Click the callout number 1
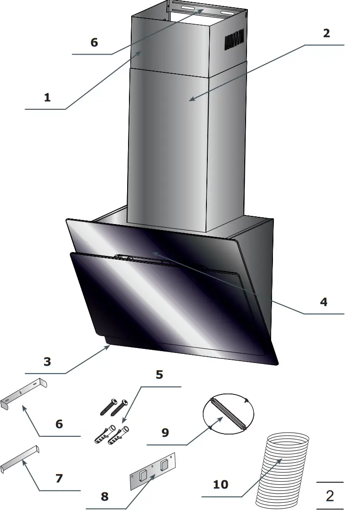click(x=47, y=97)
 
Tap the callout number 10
click(x=221, y=484)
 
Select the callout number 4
click(x=324, y=302)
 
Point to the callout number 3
click(x=47, y=362)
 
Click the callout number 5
click(x=159, y=375)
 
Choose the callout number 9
click(x=165, y=432)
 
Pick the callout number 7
click(x=59, y=479)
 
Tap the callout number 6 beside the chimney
click(x=94, y=42)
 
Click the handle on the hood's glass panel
click(x=146, y=260)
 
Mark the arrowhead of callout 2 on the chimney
click(x=191, y=100)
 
